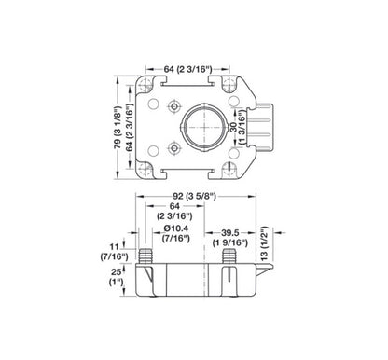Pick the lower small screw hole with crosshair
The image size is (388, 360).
coord(173,147)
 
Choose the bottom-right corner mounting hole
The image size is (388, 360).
coord(227,168)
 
